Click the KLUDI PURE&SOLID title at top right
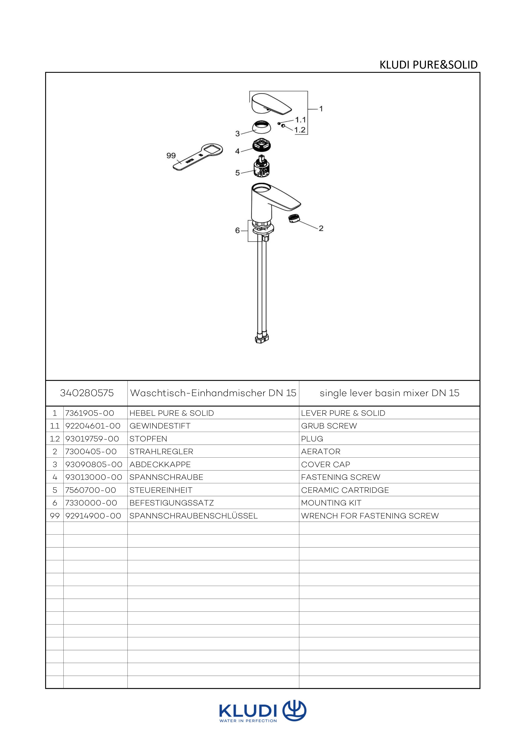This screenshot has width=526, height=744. (428, 65)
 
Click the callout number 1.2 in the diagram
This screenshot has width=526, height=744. (300, 130)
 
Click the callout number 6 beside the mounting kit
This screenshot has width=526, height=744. (237, 230)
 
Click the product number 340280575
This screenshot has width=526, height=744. (87, 393)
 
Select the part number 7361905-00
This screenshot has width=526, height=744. (90, 413)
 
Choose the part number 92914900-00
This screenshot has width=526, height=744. (93, 516)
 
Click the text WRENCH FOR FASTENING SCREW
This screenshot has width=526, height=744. (370, 516)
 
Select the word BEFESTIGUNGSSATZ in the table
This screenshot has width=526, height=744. (172, 503)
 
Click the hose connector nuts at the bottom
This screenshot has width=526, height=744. (261, 339)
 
